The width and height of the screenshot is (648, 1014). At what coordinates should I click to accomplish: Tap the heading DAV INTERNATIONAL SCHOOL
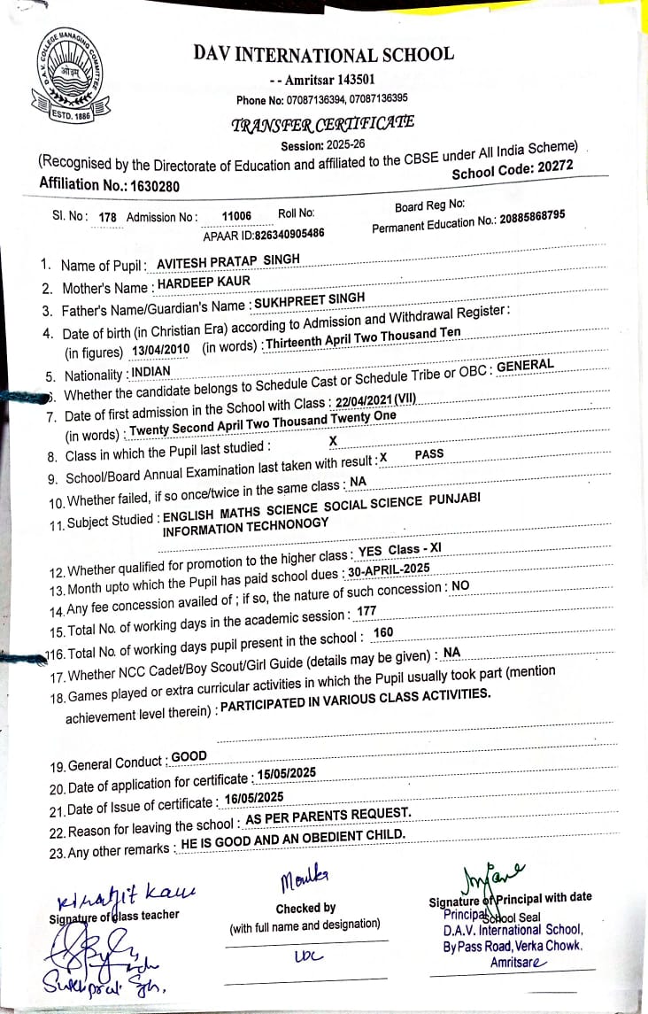(x=324, y=54)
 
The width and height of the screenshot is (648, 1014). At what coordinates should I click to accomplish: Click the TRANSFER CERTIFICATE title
(x=322, y=124)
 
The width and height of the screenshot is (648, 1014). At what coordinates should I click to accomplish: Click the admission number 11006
(x=237, y=215)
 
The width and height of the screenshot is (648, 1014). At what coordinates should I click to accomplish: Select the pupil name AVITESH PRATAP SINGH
(x=228, y=259)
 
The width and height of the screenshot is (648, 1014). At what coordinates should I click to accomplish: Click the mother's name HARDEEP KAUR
(x=204, y=282)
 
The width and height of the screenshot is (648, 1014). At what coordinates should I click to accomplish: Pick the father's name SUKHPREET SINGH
(x=310, y=299)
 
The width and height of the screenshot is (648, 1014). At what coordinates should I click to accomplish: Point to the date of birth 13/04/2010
(x=160, y=349)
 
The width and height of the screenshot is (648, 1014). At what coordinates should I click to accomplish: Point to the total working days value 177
(x=366, y=611)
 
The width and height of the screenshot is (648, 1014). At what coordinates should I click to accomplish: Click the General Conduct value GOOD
(x=189, y=757)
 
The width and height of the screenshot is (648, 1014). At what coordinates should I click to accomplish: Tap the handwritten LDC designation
(x=302, y=957)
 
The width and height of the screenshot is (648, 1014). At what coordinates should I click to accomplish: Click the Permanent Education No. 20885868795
(x=531, y=218)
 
